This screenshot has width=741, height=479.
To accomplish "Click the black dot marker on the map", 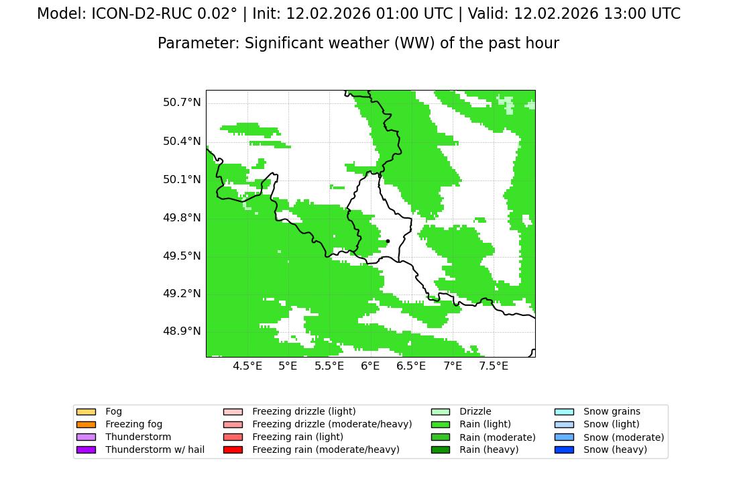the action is click(388, 241).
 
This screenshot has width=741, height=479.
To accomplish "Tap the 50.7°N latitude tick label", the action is click(182, 102).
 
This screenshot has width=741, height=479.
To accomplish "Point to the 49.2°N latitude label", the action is click(182, 293).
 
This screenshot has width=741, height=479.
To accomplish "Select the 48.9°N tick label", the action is click(182, 331).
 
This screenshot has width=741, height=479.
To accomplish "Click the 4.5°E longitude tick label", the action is click(247, 366).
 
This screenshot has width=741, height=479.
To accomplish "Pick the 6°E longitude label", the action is click(370, 366).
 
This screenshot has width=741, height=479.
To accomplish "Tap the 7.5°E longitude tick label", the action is click(494, 366).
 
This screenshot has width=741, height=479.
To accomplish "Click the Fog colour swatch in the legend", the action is click(86, 412).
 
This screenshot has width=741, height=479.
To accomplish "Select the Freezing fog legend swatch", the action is click(86, 425).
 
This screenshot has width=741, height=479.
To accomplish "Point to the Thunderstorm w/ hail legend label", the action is click(155, 449).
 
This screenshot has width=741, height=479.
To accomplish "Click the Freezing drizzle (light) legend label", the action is click(304, 411).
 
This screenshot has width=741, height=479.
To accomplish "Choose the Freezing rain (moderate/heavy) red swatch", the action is click(233, 449).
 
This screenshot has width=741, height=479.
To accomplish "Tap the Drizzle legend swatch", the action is click(441, 412).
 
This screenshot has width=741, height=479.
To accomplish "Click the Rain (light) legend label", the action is click(486, 424).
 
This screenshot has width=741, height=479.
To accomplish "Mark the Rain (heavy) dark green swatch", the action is click(441, 449).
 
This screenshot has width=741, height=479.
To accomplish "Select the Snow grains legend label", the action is click(612, 411).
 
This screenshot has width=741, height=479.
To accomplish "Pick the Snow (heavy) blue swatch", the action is click(564, 449).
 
